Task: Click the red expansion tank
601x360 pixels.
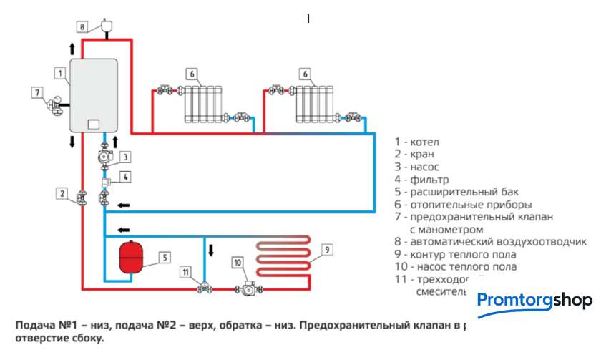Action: click(x=134, y=256)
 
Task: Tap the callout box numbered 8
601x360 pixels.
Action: click(x=82, y=27)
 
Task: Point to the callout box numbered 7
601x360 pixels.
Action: click(x=36, y=92)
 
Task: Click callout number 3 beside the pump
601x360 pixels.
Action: click(x=124, y=157)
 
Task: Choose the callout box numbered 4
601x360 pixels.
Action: click(x=124, y=177)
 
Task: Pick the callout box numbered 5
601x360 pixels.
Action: click(x=164, y=256)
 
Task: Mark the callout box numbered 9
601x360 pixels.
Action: click(x=325, y=250)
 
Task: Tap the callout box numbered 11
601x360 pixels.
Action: click(x=186, y=272)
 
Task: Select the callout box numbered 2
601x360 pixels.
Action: click(x=63, y=193)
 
